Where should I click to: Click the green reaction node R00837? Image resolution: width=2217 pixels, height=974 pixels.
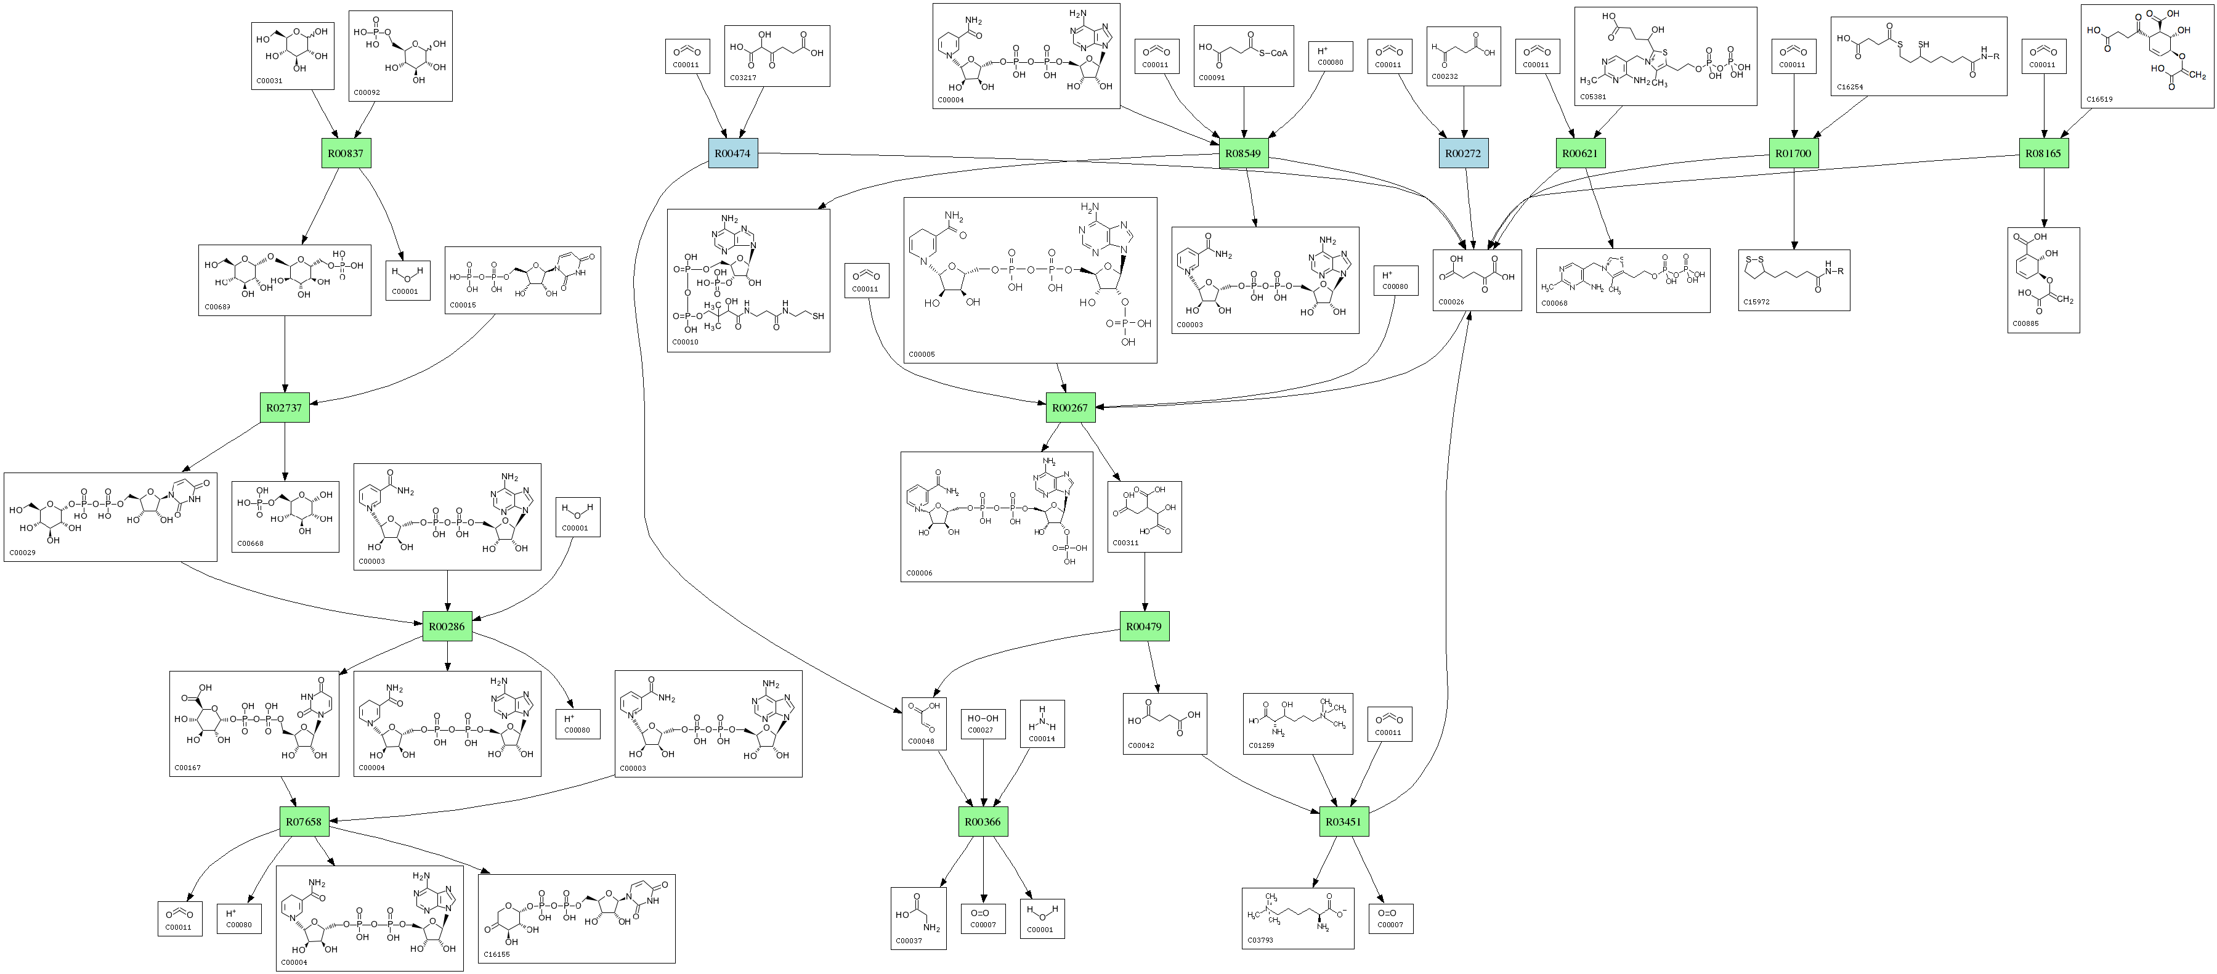click(x=345, y=153)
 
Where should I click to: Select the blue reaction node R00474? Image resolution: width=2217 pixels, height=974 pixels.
click(x=733, y=153)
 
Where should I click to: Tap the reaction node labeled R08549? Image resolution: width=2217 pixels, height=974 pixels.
click(x=1244, y=153)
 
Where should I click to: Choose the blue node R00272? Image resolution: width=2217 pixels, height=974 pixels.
click(x=1463, y=153)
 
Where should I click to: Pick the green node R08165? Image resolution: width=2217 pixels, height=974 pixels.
click(x=2043, y=153)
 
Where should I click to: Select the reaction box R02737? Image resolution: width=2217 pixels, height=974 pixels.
click(x=285, y=408)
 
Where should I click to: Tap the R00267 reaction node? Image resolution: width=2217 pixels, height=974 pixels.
click(x=1071, y=408)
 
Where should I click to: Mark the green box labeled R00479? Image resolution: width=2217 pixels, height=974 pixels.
click(x=1144, y=627)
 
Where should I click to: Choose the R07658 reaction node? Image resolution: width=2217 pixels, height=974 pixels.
click(x=304, y=822)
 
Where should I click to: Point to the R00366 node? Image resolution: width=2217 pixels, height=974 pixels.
click(x=983, y=822)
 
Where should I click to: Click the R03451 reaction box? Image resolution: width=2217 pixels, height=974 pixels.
click(x=1344, y=822)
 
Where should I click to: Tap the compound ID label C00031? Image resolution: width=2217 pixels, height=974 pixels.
click(x=269, y=81)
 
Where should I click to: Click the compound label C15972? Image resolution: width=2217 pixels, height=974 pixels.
click(x=1757, y=302)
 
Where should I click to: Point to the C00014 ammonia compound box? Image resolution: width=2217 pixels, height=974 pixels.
click(x=1042, y=724)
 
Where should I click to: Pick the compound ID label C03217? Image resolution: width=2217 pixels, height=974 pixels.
click(x=743, y=78)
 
